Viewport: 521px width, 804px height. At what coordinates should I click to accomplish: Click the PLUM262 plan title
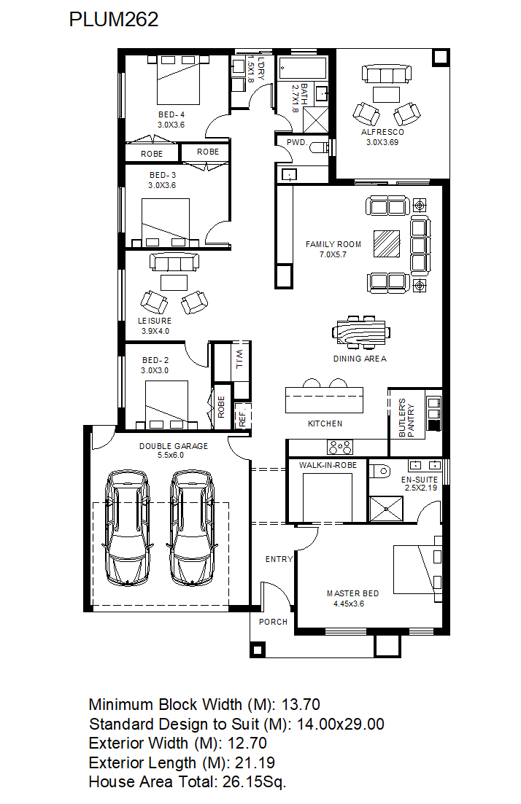[x=113, y=20]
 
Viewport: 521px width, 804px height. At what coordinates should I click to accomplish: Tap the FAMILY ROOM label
[x=333, y=245]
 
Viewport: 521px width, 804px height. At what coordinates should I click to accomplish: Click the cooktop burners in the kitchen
[x=340, y=447]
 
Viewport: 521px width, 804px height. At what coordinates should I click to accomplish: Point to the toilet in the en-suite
[x=380, y=471]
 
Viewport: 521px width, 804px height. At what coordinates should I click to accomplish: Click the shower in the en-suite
[x=386, y=509]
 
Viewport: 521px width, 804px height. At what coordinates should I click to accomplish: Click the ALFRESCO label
[x=382, y=132]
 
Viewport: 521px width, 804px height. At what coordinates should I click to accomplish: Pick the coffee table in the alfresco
[x=386, y=95]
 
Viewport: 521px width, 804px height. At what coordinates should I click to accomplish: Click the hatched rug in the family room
[x=387, y=243]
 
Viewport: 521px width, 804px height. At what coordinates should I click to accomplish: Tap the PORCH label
[x=273, y=622]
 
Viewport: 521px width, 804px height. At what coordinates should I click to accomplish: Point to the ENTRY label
[x=279, y=559]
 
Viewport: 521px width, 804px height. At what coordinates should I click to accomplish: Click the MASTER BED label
[x=352, y=593]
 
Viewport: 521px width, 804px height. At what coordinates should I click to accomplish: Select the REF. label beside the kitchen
[x=243, y=417]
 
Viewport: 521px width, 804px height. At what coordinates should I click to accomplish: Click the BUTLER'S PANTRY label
[x=406, y=418]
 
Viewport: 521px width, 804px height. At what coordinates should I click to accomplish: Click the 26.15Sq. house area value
[x=254, y=782]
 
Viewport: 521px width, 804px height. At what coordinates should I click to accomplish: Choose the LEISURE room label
[x=155, y=321]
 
